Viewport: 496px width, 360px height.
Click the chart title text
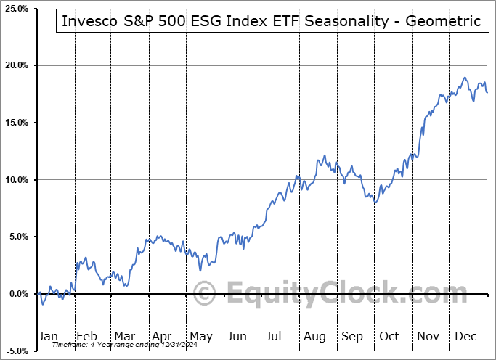pyautogui.click(x=271, y=21)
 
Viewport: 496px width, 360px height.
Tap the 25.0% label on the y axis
pyautogui.click(x=15, y=9)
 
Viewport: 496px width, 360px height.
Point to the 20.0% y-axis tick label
pyautogui.click(x=15, y=65)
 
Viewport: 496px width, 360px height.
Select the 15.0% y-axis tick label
pyautogui.click(x=15, y=123)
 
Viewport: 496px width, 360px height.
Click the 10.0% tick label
pyautogui.click(x=15, y=180)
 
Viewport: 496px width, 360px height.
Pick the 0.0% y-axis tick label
pyautogui.click(x=17, y=294)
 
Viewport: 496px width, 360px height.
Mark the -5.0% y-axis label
pyautogui.click(x=15, y=351)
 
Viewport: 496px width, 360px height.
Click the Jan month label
pyautogui.click(x=47, y=336)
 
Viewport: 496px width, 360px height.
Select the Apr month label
pyautogui.click(x=161, y=336)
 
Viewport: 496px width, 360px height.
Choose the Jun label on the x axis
pyautogui.click(x=237, y=336)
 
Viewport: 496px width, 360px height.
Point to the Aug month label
pyautogui.click(x=314, y=336)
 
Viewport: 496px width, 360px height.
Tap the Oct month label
pyautogui.click(x=389, y=336)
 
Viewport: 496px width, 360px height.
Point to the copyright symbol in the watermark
pyautogui.click(x=206, y=294)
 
